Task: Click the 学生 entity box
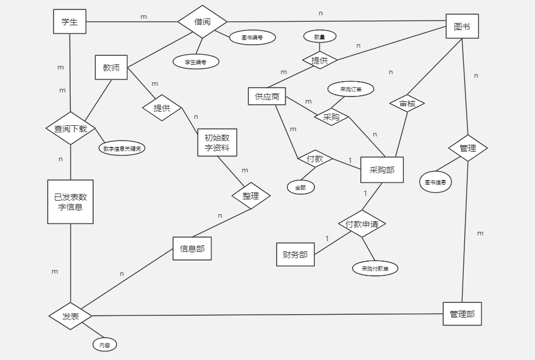coord(69,22)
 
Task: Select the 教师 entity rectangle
coord(111,68)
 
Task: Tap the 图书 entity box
coord(462,26)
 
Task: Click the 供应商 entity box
coord(267,96)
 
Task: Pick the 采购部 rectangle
coord(382,170)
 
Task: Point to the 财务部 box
coord(295,255)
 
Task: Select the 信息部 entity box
coord(192,249)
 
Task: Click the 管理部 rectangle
coord(462,314)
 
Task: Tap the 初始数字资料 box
coord(217,142)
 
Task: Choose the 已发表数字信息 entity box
coord(71,202)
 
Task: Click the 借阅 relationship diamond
coord(202,22)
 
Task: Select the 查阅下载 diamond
coord(71,128)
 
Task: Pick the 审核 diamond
coord(407,104)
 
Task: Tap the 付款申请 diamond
coord(362,224)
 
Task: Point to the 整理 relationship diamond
coord(251,196)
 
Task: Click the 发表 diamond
coord(71,316)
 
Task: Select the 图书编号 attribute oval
coord(252,37)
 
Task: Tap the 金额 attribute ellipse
coord(301,188)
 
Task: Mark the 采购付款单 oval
coord(375,268)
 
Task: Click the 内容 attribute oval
coord(105,345)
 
